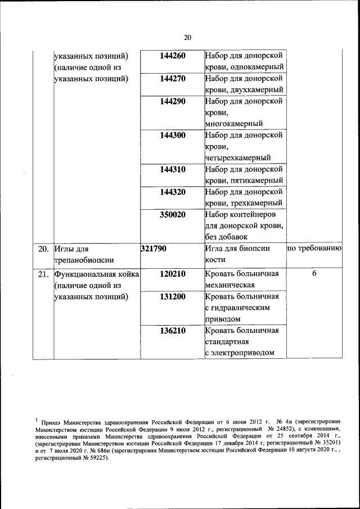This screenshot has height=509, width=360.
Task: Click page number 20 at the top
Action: [x=187, y=38]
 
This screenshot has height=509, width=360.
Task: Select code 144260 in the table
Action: [x=172, y=56]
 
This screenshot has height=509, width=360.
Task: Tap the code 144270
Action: [x=172, y=79]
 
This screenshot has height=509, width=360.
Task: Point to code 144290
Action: [x=172, y=102]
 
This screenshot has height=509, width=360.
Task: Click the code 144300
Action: [x=172, y=135]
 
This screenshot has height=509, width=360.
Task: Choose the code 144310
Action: [x=172, y=169]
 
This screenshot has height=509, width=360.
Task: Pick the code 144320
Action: [x=172, y=192]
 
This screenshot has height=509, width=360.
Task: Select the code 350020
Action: [x=172, y=215]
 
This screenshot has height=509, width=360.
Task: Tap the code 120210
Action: [x=172, y=274]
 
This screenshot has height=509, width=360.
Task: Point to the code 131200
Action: [x=172, y=297]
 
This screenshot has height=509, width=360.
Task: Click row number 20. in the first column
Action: [x=43, y=248]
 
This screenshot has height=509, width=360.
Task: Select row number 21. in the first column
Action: [x=43, y=274]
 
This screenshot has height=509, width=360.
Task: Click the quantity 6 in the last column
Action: [x=314, y=274]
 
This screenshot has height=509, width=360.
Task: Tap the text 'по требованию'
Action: [x=314, y=248]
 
